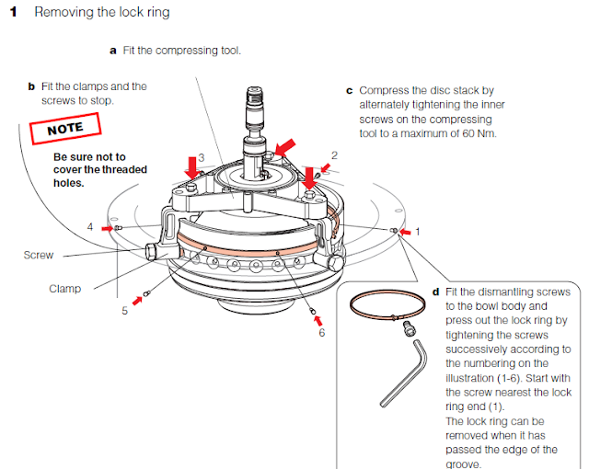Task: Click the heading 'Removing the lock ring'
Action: [x=101, y=14]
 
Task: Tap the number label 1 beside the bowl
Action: [x=417, y=232]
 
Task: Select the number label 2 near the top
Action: [x=334, y=155]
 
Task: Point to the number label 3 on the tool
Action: [x=201, y=158]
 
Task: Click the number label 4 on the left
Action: [x=90, y=225]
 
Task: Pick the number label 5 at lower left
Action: [x=125, y=311]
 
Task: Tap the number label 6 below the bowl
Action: [x=321, y=333]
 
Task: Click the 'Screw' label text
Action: [x=38, y=255]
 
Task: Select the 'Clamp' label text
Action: [x=64, y=289]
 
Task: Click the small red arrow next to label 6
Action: [x=318, y=320]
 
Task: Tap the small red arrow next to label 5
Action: [x=139, y=298]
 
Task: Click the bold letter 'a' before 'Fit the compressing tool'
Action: [x=113, y=51]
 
